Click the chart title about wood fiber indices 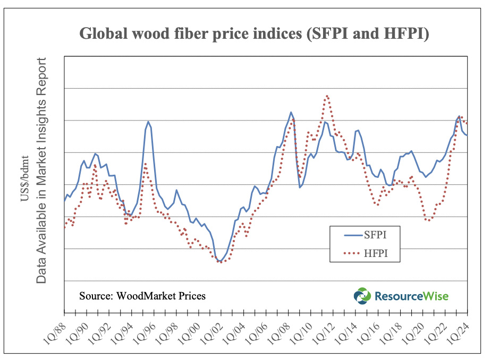pyautogui.click(x=254, y=33)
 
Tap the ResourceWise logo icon pyautogui.click(x=362, y=296)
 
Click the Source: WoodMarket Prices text pyautogui.click(x=142, y=296)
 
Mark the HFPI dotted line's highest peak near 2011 pyautogui.click(x=327, y=96)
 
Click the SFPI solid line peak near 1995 pyautogui.click(x=148, y=122)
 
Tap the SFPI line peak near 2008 pyautogui.click(x=291, y=112)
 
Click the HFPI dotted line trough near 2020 pyautogui.click(x=428, y=220)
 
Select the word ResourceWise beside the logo pyautogui.click(x=411, y=296)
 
